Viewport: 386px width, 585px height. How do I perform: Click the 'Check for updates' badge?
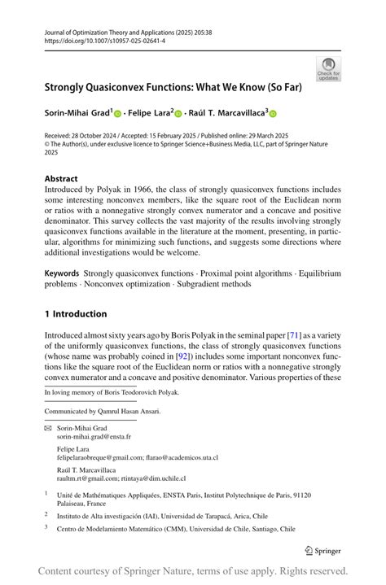click(x=329, y=68)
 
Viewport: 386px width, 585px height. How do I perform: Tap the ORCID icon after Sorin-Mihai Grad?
click(x=117, y=115)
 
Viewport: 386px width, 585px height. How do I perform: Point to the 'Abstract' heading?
click(x=61, y=179)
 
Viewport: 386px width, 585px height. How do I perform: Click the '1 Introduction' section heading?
click(x=76, y=314)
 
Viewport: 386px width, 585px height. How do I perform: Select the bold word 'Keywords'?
click(x=62, y=273)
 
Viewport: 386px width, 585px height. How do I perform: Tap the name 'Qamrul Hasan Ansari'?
click(x=127, y=412)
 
